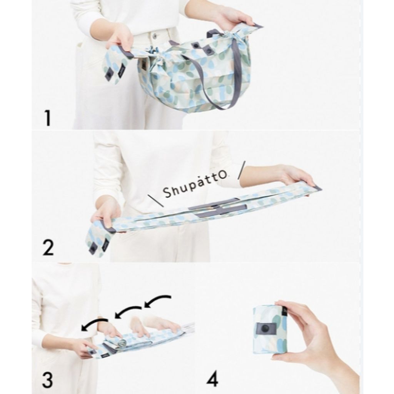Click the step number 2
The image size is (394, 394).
pyautogui.click(x=48, y=247)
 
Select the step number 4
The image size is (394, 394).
pyautogui.click(x=212, y=380)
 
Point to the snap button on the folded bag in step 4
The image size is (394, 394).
pyautogui.click(x=265, y=328)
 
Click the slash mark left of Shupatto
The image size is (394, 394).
pyautogui.click(x=156, y=201)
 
